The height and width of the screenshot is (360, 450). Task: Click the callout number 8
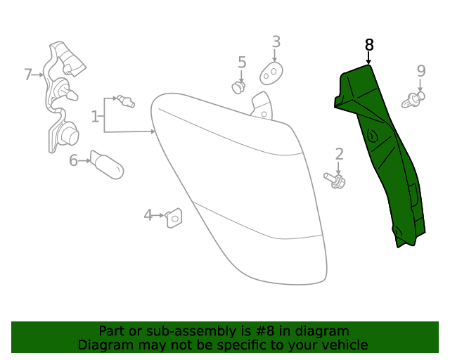tap(369, 45)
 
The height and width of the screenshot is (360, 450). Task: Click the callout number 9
tap(421, 71)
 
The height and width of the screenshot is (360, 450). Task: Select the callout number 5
tap(242, 63)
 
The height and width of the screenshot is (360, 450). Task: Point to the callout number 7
tap(28, 74)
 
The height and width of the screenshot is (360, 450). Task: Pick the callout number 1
tap(95, 116)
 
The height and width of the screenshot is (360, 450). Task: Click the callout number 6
tap(73, 160)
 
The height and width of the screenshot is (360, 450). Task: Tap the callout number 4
tap(148, 214)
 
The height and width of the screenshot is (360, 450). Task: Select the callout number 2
tap(339, 154)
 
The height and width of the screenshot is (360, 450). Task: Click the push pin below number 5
tap(240, 87)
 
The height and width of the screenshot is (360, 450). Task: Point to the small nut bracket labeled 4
tap(173, 219)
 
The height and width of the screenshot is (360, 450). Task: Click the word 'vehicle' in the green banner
tap(345, 345)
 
